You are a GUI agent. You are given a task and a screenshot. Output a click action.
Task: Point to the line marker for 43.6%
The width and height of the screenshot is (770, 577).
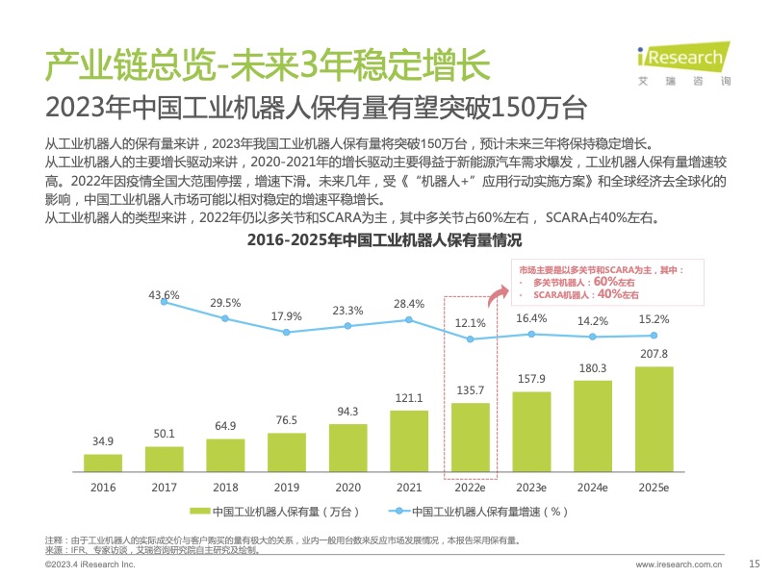pos(165,301)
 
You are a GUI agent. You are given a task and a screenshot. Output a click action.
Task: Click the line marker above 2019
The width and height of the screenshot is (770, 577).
pos(287,332)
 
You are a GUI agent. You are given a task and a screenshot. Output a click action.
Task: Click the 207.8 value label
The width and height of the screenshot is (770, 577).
pos(654,354)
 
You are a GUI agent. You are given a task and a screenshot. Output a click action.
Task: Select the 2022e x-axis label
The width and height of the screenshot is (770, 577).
pos(470,488)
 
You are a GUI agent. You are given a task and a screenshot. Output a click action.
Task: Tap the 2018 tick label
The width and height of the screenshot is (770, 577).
pos(225,488)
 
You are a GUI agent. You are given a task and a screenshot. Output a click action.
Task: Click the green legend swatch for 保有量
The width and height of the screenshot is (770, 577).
pos(200,511)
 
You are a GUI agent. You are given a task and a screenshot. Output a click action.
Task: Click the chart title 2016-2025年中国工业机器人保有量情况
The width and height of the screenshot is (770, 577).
pos(384,240)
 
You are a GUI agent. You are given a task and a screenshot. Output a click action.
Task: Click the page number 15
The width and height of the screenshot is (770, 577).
pos(755,564)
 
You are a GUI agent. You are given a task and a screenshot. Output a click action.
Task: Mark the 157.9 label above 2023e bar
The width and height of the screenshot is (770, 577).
pos(531,378)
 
